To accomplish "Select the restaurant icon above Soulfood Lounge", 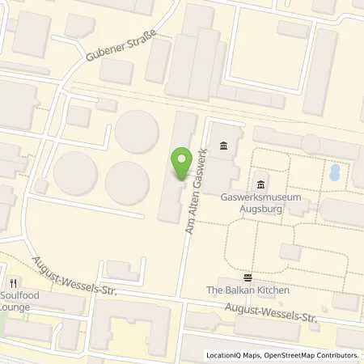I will click(x=14, y=283).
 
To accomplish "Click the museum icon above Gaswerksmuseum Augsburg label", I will click(x=260, y=184).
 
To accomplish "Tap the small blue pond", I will click(x=334, y=172).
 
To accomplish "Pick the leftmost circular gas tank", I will click(x=75, y=172).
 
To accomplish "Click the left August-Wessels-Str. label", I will click(x=75, y=276).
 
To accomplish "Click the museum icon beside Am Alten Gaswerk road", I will click(x=223, y=146).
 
